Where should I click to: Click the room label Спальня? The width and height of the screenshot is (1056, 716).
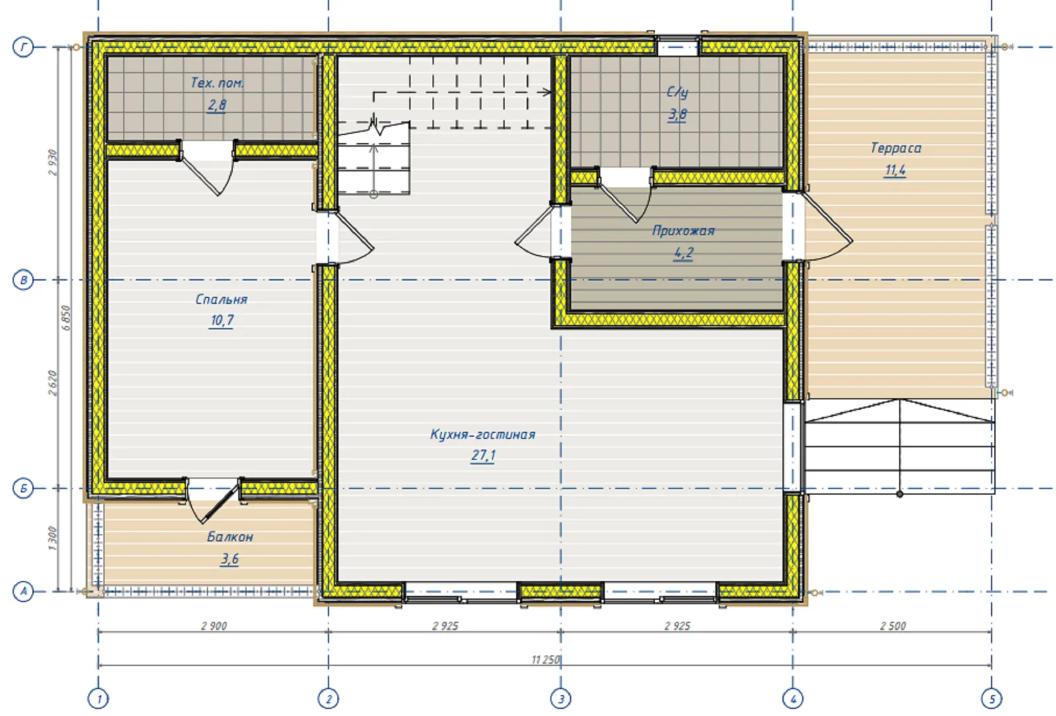tap(221, 300)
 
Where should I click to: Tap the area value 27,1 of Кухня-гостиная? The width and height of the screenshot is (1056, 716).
tap(483, 455)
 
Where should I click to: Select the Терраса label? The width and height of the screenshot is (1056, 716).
tap(895, 148)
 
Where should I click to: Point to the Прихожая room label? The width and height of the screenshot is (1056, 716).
tap(683, 231)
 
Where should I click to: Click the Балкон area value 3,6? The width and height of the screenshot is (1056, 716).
tap(230, 559)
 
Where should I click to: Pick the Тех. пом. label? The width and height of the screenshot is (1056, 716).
tap(217, 83)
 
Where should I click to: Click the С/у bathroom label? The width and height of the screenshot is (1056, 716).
tap(677, 92)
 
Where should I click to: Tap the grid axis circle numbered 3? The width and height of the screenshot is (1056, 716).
tap(560, 699)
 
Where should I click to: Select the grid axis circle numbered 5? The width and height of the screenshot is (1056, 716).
tap(992, 699)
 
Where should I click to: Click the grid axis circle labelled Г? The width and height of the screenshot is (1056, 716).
tap(23, 47)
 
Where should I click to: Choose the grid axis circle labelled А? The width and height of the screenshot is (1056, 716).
tap(23, 591)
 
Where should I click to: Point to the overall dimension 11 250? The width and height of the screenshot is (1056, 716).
tap(545, 660)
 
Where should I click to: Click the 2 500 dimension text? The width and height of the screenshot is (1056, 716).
tap(893, 626)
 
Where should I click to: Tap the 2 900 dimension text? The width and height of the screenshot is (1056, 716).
tap(214, 626)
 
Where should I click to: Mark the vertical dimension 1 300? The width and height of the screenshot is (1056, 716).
tap(52, 538)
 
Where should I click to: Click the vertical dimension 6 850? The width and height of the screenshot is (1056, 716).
tap(66, 318)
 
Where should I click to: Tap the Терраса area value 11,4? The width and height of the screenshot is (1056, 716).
tap(895, 170)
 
